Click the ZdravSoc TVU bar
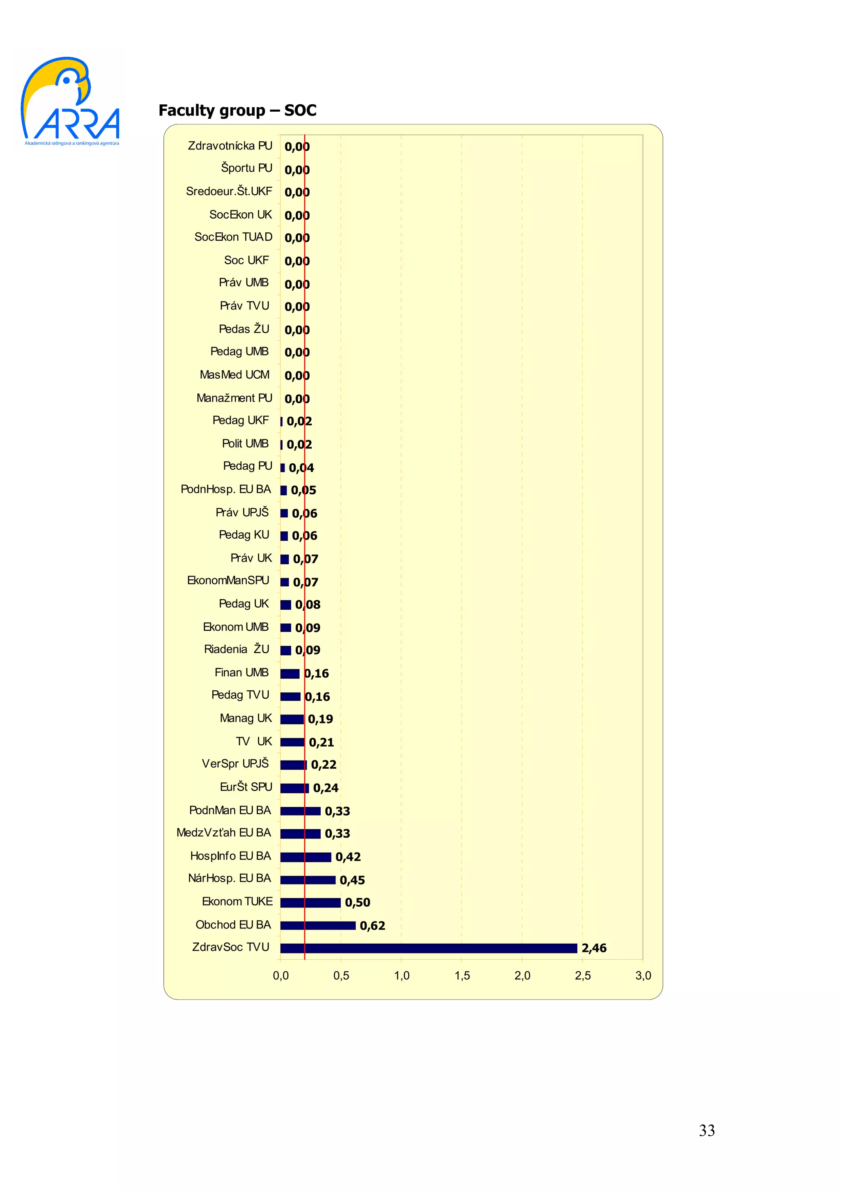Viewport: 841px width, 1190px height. pyautogui.click(x=429, y=948)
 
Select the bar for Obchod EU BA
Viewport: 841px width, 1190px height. pyautogui.click(x=318, y=925)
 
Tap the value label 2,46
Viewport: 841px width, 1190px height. pyautogui.click(x=594, y=948)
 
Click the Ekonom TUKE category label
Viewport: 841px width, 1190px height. pyautogui.click(x=237, y=901)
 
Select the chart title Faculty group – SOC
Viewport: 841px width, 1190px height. pyautogui.click(x=237, y=110)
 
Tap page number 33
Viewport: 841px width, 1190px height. pyautogui.click(x=707, y=1130)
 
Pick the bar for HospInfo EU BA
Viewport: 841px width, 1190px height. pyautogui.click(x=305, y=857)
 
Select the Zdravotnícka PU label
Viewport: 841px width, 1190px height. pyautogui.click(x=230, y=146)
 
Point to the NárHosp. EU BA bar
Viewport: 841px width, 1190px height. pyautogui.click(x=308, y=880)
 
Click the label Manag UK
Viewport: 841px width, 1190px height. pyautogui.click(x=246, y=718)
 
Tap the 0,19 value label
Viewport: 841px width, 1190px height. pyautogui.click(x=320, y=719)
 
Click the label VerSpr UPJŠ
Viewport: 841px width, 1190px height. pyautogui.click(x=235, y=763)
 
